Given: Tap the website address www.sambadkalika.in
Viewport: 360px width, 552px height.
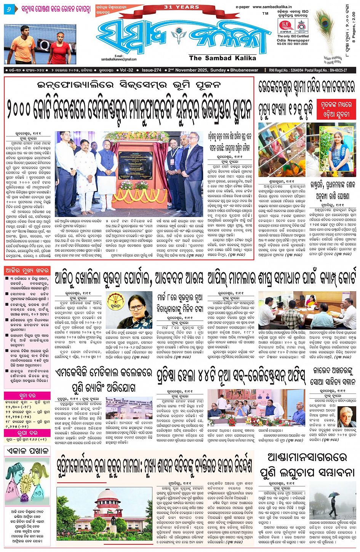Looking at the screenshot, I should [x=272, y=7].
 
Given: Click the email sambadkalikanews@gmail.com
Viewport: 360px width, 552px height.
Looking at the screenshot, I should [x=119, y=59].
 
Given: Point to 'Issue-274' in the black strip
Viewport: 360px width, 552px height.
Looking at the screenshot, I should [x=152, y=70].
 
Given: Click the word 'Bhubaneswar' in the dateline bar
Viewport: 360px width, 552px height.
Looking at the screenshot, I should [x=244, y=70].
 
